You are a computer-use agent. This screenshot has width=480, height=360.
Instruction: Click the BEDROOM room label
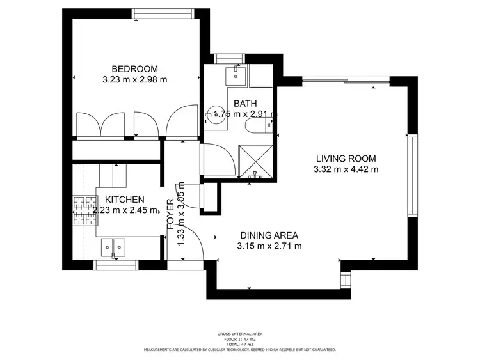coord(134,69)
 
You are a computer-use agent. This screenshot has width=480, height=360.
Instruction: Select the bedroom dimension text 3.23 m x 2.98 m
coord(134,80)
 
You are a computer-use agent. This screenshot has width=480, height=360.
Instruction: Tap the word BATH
coord(245,104)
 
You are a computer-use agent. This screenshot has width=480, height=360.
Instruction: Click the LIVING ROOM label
coord(346,159)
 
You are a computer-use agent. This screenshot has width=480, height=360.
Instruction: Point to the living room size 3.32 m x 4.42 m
coord(346,169)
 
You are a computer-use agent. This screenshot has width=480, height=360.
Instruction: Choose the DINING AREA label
coord(269,235)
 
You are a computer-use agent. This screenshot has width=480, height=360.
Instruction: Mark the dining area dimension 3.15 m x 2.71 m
coord(269,246)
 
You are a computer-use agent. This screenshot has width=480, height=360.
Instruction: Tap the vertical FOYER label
coord(171,214)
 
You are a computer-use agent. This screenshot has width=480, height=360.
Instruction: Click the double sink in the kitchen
coord(113,246)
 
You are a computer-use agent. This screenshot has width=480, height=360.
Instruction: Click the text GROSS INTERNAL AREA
coord(239,334)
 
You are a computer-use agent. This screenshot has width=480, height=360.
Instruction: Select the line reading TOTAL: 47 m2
coord(239,344)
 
